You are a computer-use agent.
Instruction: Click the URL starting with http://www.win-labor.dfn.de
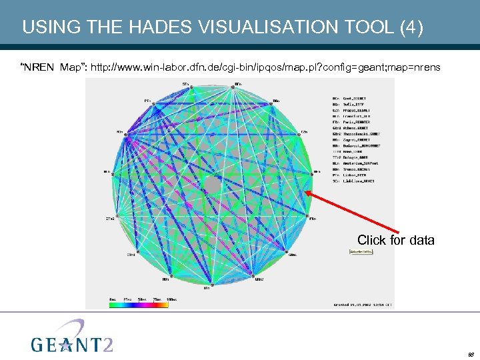tap(265, 67)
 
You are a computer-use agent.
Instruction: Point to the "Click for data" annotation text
tap(395, 240)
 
